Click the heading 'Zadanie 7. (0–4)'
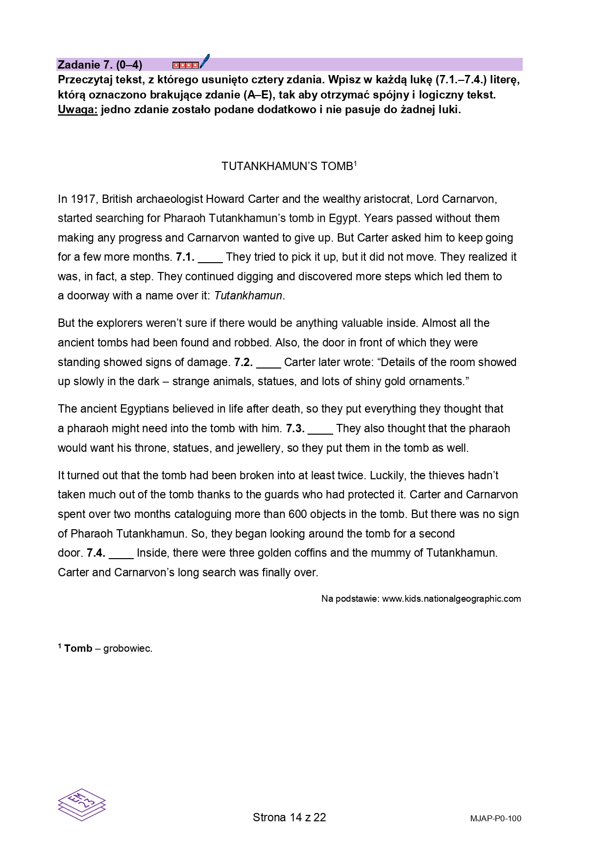pos(100,65)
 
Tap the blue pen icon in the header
pos(205,61)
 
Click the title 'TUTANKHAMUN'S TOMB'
pos(289,167)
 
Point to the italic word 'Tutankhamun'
pos(248,296)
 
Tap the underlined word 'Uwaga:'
pos(77,109)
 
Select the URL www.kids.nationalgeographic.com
pos(451,598)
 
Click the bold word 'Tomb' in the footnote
pos(78,648)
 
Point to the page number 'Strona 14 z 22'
pos(289,817)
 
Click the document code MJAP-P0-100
pos(495,818)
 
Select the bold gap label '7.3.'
pos(295,428)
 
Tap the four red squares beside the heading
pos(186,65)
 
